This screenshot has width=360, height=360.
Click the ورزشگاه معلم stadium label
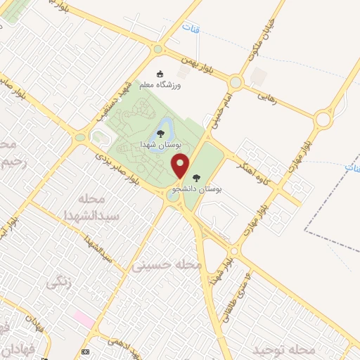[161, 85]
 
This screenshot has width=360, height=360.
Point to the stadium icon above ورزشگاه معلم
[161, 74]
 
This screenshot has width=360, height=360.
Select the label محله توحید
[283, 349]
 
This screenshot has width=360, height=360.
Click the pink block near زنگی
[84, 319]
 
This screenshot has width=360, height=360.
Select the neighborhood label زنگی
[56, 284]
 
